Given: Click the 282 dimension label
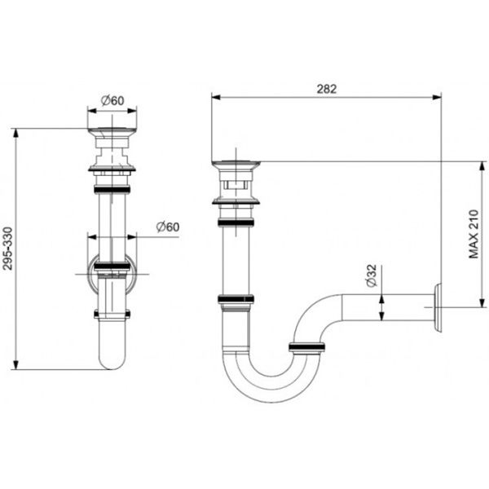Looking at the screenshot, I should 327,87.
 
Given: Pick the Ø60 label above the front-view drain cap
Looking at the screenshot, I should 112,100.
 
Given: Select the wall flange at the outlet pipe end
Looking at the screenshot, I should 439,308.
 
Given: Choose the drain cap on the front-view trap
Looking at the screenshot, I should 112,133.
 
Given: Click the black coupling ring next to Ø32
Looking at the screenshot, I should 307,348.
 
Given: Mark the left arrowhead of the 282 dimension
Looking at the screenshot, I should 215,95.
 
